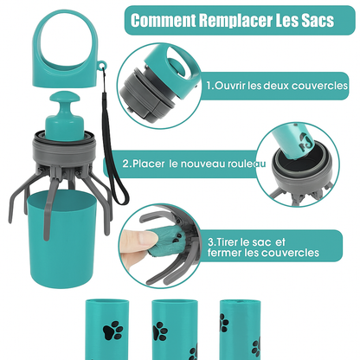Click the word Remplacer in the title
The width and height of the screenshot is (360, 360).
235,20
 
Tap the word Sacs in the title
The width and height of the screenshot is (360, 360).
318,20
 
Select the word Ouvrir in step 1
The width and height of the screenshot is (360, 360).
230,86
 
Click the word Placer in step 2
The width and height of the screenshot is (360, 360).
148,164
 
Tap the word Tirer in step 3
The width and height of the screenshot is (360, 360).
228,241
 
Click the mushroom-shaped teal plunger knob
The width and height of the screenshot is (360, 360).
65,115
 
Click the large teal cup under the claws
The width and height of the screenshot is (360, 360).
61,240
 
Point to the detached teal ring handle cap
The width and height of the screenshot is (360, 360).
65,49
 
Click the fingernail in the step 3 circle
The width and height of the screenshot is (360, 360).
146,239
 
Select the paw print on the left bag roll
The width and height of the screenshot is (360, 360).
113,330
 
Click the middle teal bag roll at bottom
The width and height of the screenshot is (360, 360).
175,330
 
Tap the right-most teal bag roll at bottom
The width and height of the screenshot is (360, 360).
240,330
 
